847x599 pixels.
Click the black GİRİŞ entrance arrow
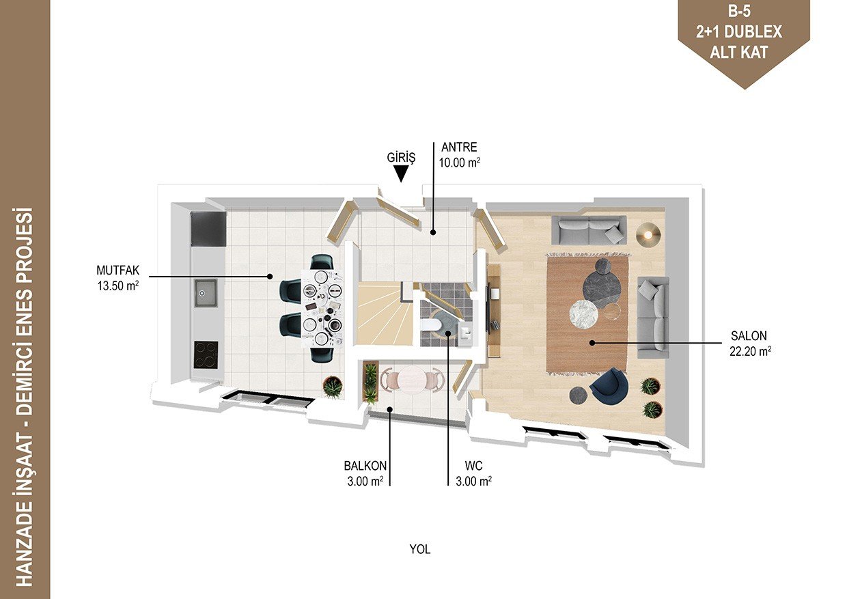[x=401, y=173]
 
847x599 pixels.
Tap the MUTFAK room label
[x=118, y=270]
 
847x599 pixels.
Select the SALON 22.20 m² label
[x=750, y=344]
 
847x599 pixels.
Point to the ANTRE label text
[x=459, y=147]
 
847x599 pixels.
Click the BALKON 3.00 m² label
[x=365, y=473]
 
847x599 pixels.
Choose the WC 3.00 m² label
[x=474, y=473]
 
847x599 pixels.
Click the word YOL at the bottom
[x=419, y=549]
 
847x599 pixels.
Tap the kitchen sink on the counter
[x=206, y=294]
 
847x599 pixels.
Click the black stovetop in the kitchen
[x=206, y=354]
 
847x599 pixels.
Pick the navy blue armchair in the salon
[x=609, y=385]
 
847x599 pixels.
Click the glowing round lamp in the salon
[x=648, y=235]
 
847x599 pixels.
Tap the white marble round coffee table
[x=584, y=314]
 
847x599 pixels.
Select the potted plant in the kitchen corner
[x=333, y=386]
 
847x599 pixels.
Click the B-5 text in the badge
[x=739, y=12]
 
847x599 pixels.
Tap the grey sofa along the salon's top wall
[x=589, y=230]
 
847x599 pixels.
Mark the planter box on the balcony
[x=370, y=382]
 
